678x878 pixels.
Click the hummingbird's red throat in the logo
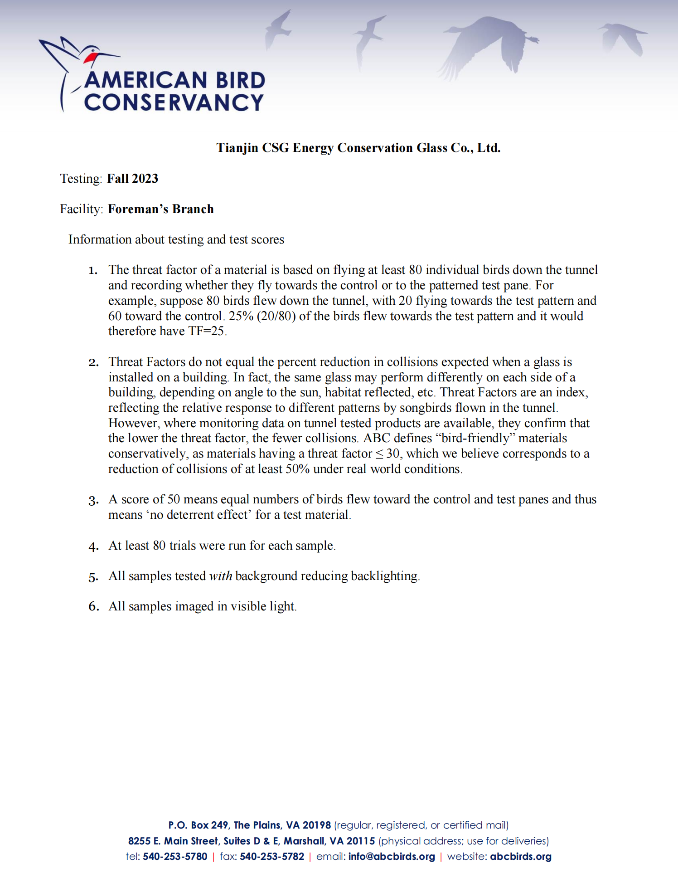(90, 58)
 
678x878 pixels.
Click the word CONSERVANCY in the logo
(174, 102)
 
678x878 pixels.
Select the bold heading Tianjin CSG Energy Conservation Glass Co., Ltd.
(358, 148)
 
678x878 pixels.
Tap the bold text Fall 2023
(132, 179)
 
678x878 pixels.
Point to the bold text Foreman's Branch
(160, 209)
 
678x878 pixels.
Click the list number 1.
(93, 271)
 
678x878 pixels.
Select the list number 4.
(93, 546)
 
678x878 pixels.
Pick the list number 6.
(93, 607)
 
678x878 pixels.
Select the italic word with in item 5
(220, 576)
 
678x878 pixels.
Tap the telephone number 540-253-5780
(175, 857)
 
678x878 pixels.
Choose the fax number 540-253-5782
(272, 857)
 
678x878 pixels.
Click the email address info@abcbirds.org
(392, 857)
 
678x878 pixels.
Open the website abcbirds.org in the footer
(521, 857)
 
